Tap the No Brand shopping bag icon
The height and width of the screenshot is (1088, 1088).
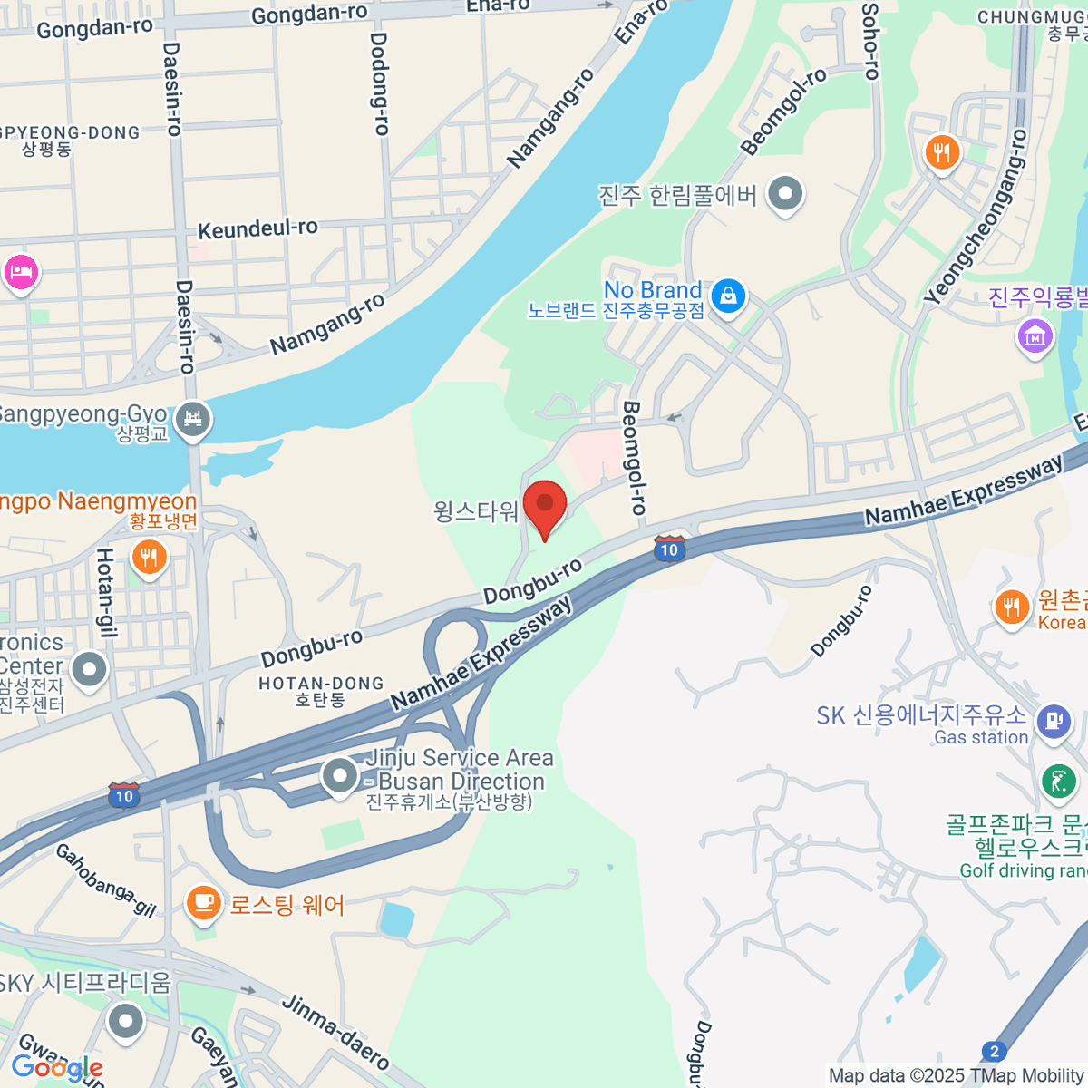coord(727,295)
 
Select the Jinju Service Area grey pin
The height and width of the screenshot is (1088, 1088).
coord(340,775)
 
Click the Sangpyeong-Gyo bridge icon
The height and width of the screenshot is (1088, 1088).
coord(192,418)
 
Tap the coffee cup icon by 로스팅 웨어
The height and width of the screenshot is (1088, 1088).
coord(204,902)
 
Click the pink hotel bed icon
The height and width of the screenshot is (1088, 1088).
coord(21,271)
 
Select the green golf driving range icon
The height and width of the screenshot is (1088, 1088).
coord(1058,781)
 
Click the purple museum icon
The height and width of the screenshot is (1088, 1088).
coord(1035,335)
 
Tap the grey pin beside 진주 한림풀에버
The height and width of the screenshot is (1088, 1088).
coord(784,193)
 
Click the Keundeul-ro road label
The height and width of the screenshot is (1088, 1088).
coord(257,228)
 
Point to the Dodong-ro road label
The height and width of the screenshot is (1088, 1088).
coord(379,83)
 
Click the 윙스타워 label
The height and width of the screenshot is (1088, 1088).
coord(476,511)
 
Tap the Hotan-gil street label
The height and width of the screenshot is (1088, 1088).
coord(106,593)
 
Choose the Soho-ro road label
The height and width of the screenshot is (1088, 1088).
coord(870,40)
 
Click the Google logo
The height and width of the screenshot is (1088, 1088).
coord(56,1068)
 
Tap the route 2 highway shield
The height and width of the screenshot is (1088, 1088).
coord(995,1052)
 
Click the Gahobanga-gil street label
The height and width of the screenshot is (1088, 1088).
coord(106,879)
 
